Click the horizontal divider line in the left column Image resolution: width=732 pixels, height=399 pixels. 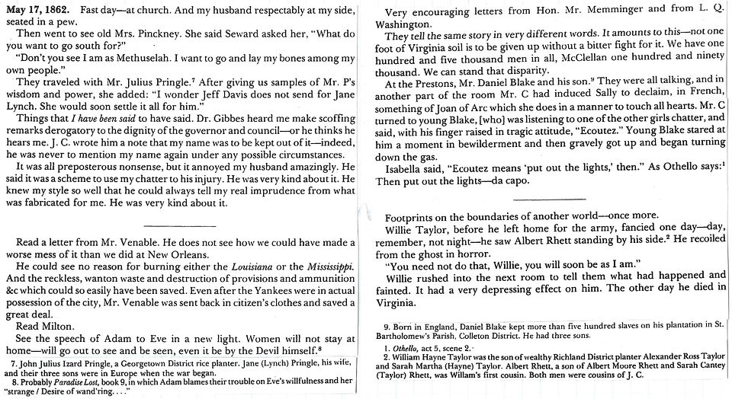[175, 227]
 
